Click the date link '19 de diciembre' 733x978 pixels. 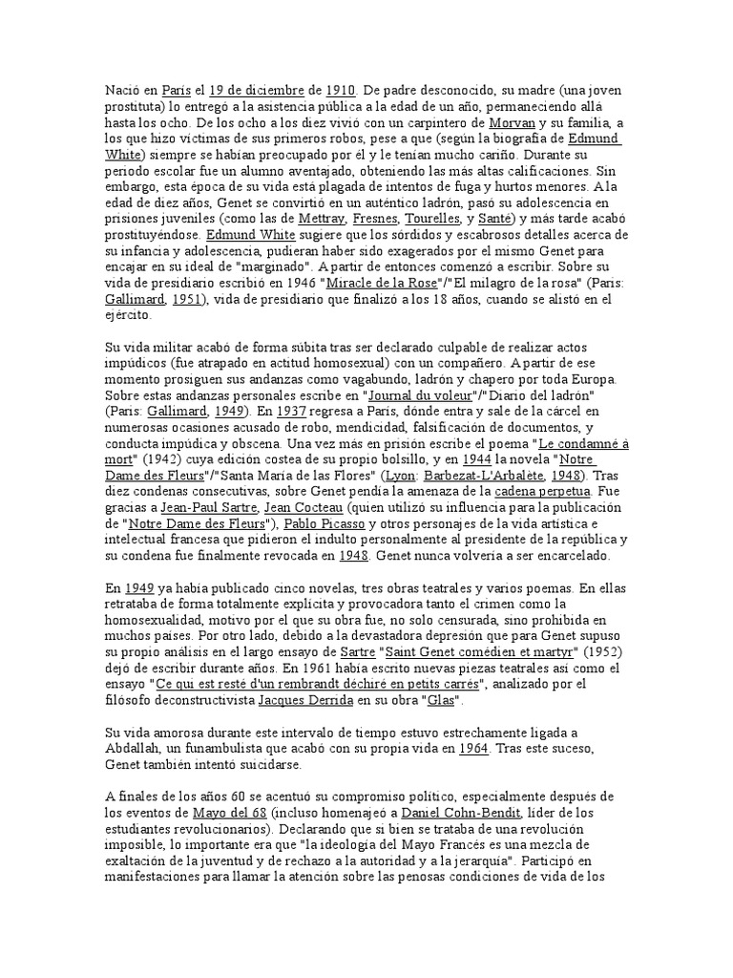(258, 90)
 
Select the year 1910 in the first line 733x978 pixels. (340, 90)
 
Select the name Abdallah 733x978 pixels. (143, 749)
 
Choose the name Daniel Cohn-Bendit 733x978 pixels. (460, 813)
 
